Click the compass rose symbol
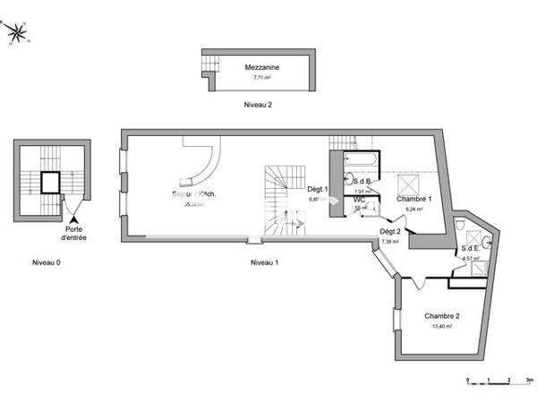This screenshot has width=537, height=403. tap(16, 34)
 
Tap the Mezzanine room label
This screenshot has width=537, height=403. tap(259, 66)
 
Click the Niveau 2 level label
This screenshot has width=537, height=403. tap(258, 105)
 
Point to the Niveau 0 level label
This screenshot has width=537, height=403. tap(45, 262)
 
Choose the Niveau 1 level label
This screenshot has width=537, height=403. tap(264, 262)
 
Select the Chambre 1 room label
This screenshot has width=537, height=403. tap(414, 198)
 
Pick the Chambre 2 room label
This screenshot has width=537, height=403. tap(442, 316)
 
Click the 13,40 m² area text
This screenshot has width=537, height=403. tap(442, 327)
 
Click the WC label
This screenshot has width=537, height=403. tap(360, 199)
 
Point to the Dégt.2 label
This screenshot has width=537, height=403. tap(389, 231)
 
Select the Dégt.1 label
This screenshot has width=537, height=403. tap(318, 189)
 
